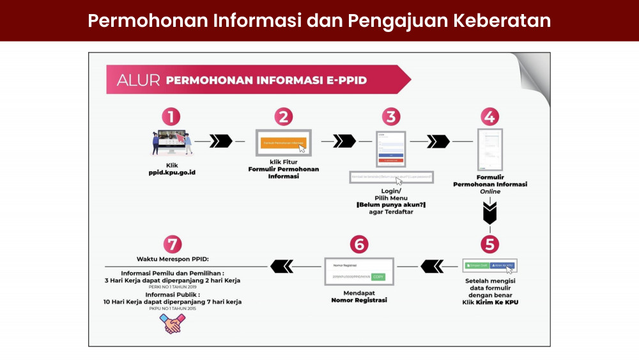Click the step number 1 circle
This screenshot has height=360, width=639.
pos(171,117)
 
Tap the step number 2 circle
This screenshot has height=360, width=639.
pos(283,117)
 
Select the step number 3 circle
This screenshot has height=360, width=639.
pos(391,117)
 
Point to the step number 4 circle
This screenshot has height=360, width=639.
pos(489,117)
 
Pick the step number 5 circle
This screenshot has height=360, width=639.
pos(489,244)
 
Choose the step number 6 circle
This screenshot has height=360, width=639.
pos(359,244)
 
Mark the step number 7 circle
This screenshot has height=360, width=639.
pos(172,244)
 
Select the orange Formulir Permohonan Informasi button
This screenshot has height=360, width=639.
pos(284,143)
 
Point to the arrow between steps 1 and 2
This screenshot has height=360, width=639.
pos(220,141)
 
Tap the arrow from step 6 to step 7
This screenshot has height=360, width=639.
pos(282,263)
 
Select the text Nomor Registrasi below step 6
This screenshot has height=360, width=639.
pos(358,300)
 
